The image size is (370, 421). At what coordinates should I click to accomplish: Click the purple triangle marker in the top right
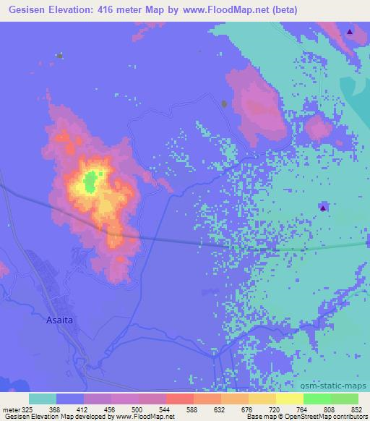pos(350,32)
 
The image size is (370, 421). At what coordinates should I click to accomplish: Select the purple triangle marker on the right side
pos(323,208)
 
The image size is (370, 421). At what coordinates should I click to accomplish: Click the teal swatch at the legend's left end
pos(43,399)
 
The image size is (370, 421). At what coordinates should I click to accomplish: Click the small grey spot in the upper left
pos(60,55)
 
